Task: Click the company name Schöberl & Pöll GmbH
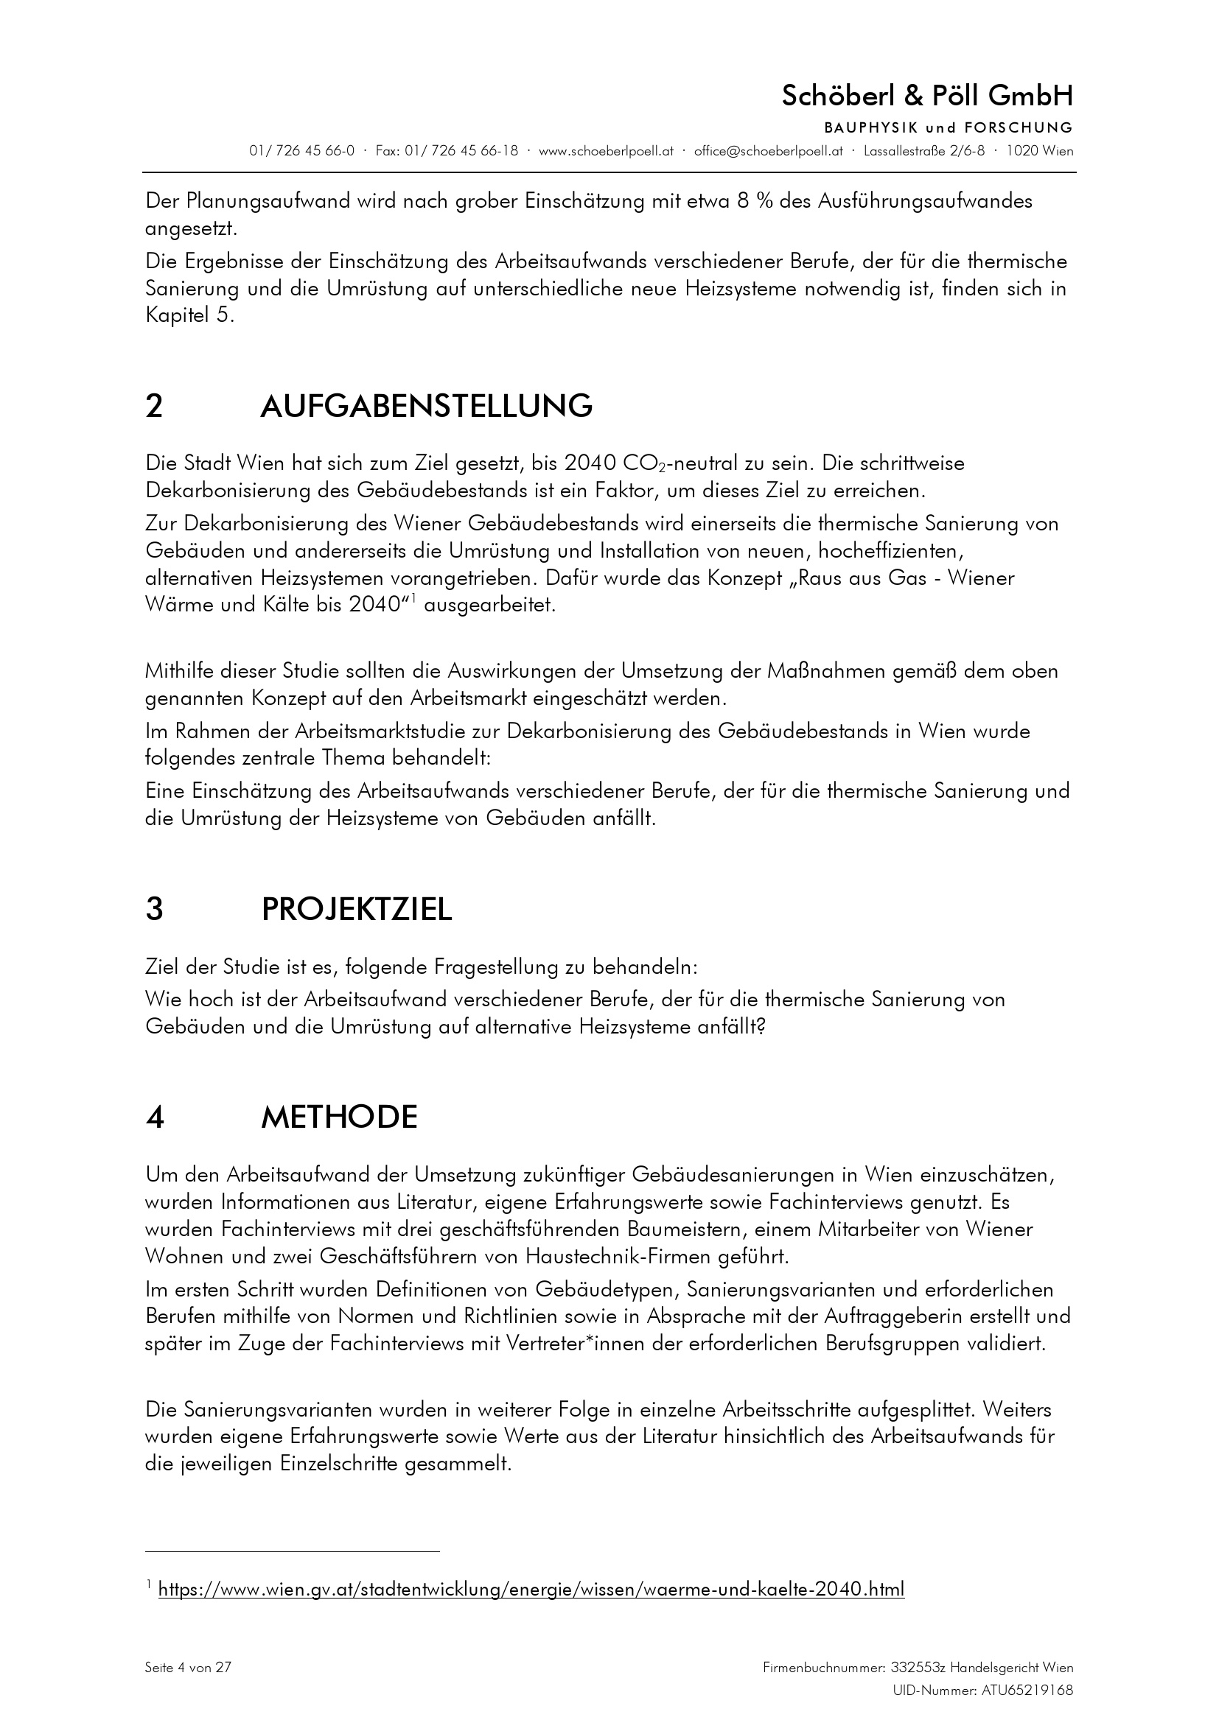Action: coord(927,96)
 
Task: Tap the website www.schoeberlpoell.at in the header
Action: coord(606,151)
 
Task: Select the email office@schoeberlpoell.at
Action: coord(768,151)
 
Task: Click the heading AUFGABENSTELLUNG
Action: coord(425,406)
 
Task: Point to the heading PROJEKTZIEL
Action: coord(357,909)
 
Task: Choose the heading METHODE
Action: coord(338,1117)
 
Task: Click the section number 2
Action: coord(154,406)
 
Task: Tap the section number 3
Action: coord(154,909)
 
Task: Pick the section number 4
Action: coord(155,1117)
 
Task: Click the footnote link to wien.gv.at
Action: coord(531,1589)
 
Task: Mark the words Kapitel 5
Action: coord(189,315)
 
